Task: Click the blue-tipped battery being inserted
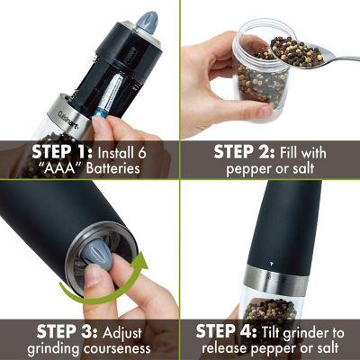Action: coord(101,108)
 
